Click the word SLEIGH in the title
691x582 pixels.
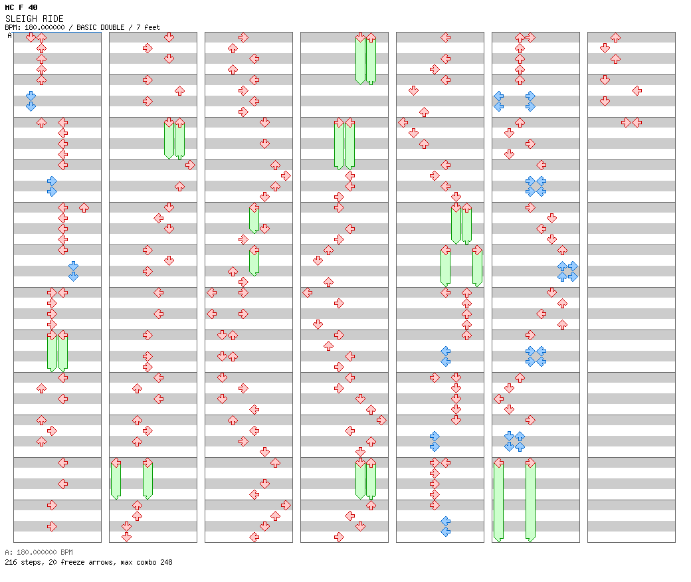click(x=17, y=19)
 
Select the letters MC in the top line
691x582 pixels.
click(x=9, y=7)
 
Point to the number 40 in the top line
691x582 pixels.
click(x=33, y=7)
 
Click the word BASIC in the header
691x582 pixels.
click(x=86, y=27)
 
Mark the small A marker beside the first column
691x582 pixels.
click(x=9, y=35)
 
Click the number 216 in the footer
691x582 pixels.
click(x=11, y=562)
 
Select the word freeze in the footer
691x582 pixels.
click(x=75, y=562)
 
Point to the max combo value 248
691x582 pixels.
click(x=165, y=562)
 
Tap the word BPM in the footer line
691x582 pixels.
click(x=65, y=552)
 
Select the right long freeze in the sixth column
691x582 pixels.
click(x=530, y=500)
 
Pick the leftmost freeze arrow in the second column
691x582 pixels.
click(x=116, y=478)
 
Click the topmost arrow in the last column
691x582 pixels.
click(x=616, y=38)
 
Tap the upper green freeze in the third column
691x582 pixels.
click(x=254, y=219)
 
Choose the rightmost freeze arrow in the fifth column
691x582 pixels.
click(x=477, y=266)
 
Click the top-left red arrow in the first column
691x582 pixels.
click(x=31, y=38)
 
